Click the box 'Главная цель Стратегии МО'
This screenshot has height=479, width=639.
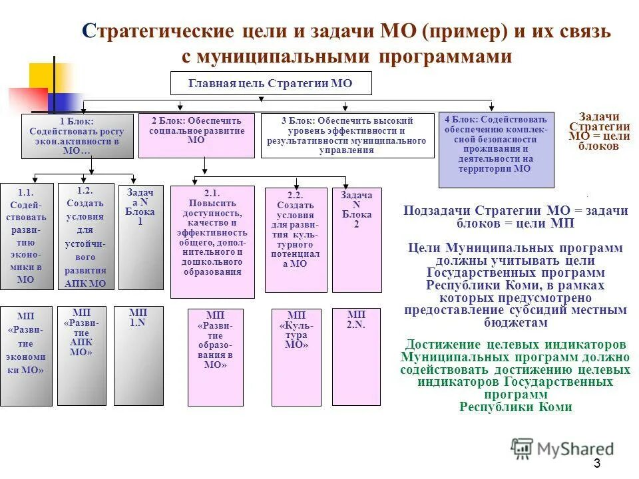(271, 84)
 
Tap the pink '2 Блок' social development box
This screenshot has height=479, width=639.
(196, 136)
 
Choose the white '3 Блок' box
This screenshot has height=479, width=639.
(344, 136)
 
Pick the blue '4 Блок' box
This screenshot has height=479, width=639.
(496, 150)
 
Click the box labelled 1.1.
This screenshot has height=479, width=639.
(26, 237)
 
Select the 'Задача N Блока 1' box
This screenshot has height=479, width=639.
(140, 237)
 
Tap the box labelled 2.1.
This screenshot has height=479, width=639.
(212, 241)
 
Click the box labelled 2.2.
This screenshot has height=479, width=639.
(296, 239)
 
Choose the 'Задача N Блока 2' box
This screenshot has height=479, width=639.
(357, 239)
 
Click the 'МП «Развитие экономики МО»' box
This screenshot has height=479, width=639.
(26, 355)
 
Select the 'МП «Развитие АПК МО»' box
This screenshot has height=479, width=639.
(81, 355)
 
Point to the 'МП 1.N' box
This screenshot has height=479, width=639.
(138, 355)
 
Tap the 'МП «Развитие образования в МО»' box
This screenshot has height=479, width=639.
(215, 357)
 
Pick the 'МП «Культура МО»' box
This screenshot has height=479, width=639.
(296, 357)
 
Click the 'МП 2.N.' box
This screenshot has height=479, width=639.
(357, 357)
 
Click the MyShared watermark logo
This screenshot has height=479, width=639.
(563, 448)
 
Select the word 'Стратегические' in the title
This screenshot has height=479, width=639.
(157, 31)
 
